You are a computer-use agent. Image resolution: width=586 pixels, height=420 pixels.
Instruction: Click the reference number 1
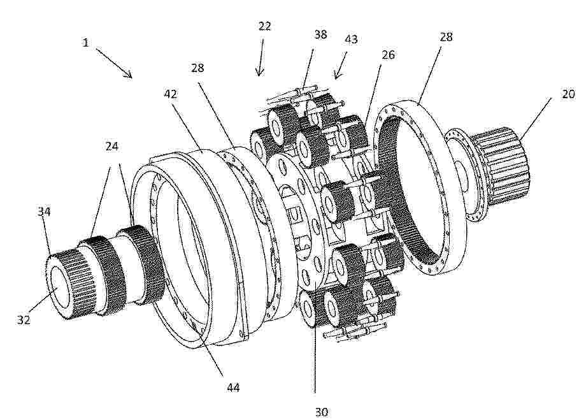85,43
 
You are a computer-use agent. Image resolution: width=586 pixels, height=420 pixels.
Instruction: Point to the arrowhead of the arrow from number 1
131,76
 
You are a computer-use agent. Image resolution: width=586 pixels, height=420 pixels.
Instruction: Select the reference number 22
264,26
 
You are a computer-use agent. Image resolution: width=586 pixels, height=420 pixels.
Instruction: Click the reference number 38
320,34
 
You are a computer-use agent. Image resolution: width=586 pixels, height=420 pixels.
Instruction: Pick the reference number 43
351,40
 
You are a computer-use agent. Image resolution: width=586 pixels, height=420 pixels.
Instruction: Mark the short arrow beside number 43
341,66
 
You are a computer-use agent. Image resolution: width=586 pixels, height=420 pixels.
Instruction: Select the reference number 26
388,55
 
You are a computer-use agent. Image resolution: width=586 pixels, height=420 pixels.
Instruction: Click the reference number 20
568,94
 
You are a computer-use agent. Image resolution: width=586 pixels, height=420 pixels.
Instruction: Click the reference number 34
44,212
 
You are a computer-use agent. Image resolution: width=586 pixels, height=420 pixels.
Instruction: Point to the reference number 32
23,320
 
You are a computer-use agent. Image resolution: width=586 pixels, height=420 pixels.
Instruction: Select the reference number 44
233,387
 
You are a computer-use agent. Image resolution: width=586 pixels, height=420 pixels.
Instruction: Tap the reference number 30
322,412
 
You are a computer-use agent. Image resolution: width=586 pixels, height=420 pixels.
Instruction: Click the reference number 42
171,94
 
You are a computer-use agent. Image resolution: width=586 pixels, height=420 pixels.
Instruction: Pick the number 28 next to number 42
197,68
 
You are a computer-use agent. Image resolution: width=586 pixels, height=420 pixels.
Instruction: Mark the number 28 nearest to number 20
446,37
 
